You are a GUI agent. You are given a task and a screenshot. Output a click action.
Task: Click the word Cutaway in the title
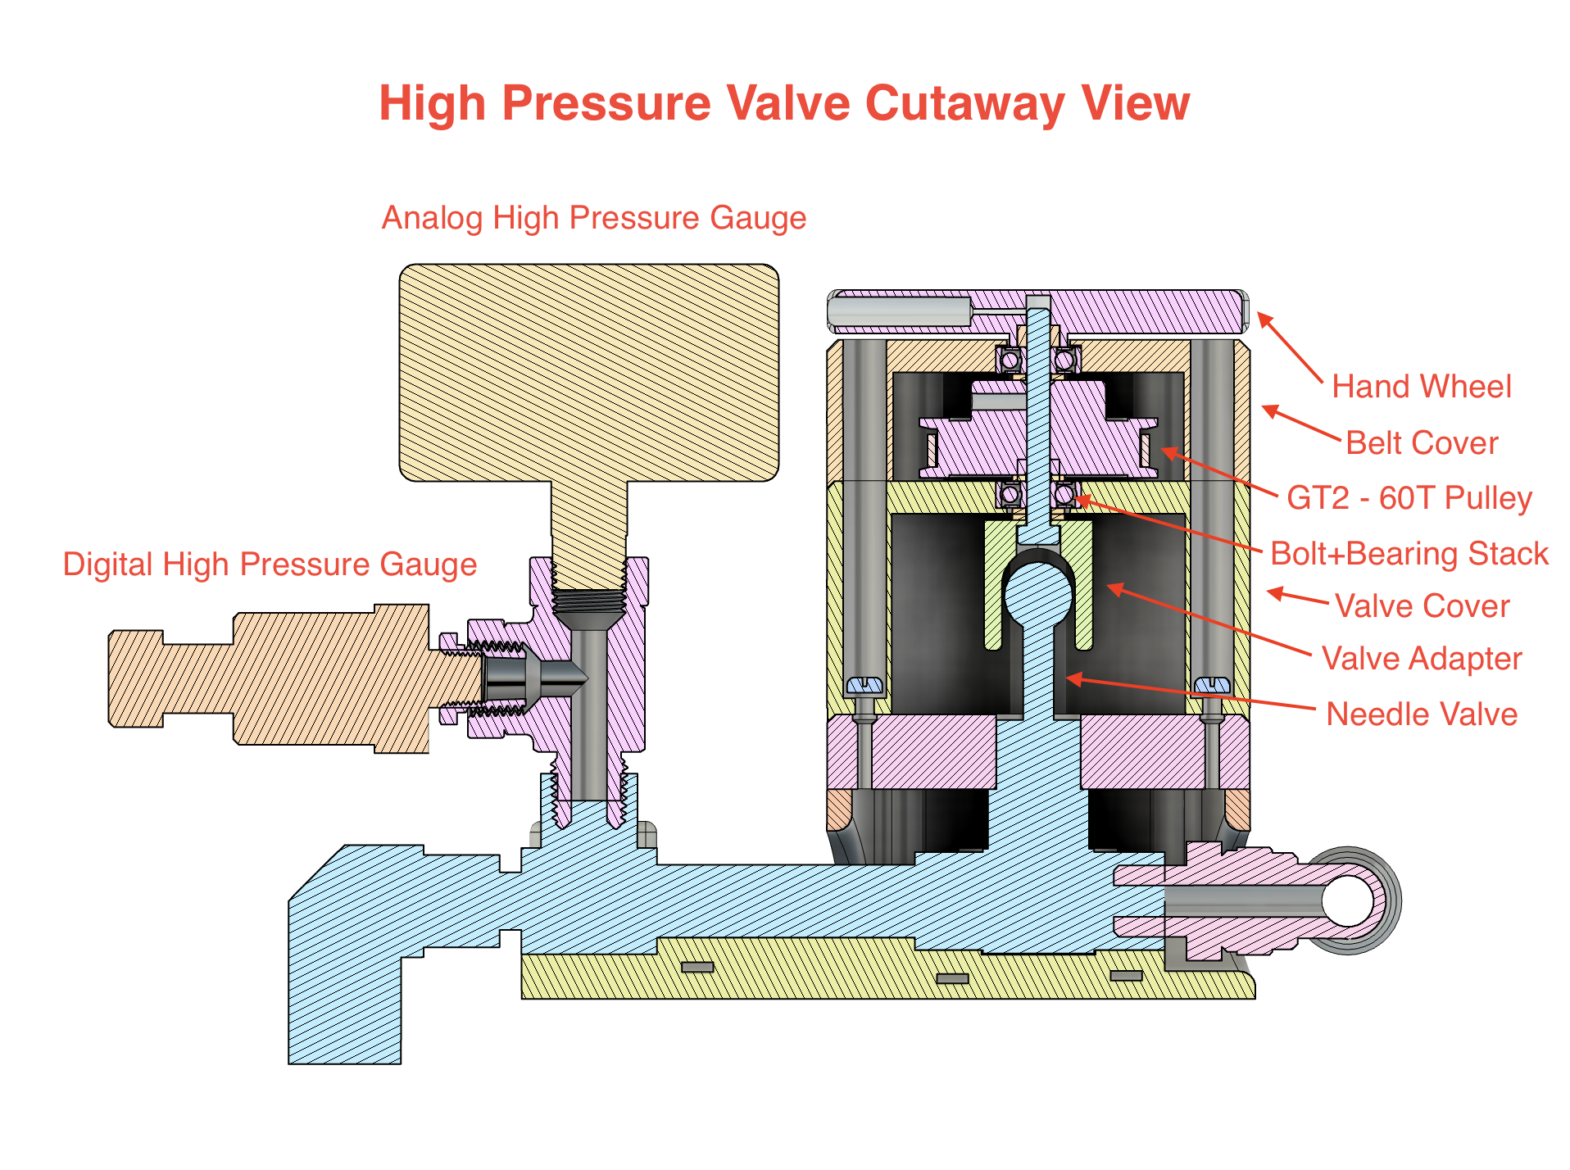[x=964, y=104]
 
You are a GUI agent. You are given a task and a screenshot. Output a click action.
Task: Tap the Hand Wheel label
[x=1421, y=386]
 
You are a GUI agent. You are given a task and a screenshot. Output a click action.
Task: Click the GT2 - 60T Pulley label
[x=1409, y=497]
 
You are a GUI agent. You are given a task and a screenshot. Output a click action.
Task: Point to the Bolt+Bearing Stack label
[x=1409, y=553]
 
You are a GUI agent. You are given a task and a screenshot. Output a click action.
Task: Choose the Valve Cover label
[x=1421, y=606]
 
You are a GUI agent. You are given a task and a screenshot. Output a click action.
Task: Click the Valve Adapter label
[x=1421, y=659]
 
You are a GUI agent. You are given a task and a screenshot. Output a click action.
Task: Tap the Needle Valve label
[x=1421, y=714]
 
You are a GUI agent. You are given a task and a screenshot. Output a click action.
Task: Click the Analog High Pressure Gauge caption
[x=593, y=218]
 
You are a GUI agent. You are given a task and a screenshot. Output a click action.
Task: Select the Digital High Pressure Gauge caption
[x=270, y=565]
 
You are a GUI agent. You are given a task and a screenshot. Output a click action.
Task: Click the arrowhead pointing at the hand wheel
[x=1264, y=319]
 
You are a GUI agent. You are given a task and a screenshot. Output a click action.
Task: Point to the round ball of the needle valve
[x=1038, y=596]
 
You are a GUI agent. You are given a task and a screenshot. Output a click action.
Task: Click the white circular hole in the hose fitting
[x=1347, y=900]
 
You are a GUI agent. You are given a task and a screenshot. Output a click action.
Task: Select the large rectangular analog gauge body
[x=588, y=373]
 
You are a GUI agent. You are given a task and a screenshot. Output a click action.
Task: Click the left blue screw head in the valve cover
[x=864, y=684]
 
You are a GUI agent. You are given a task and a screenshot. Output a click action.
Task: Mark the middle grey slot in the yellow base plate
[x=952, y=978]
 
